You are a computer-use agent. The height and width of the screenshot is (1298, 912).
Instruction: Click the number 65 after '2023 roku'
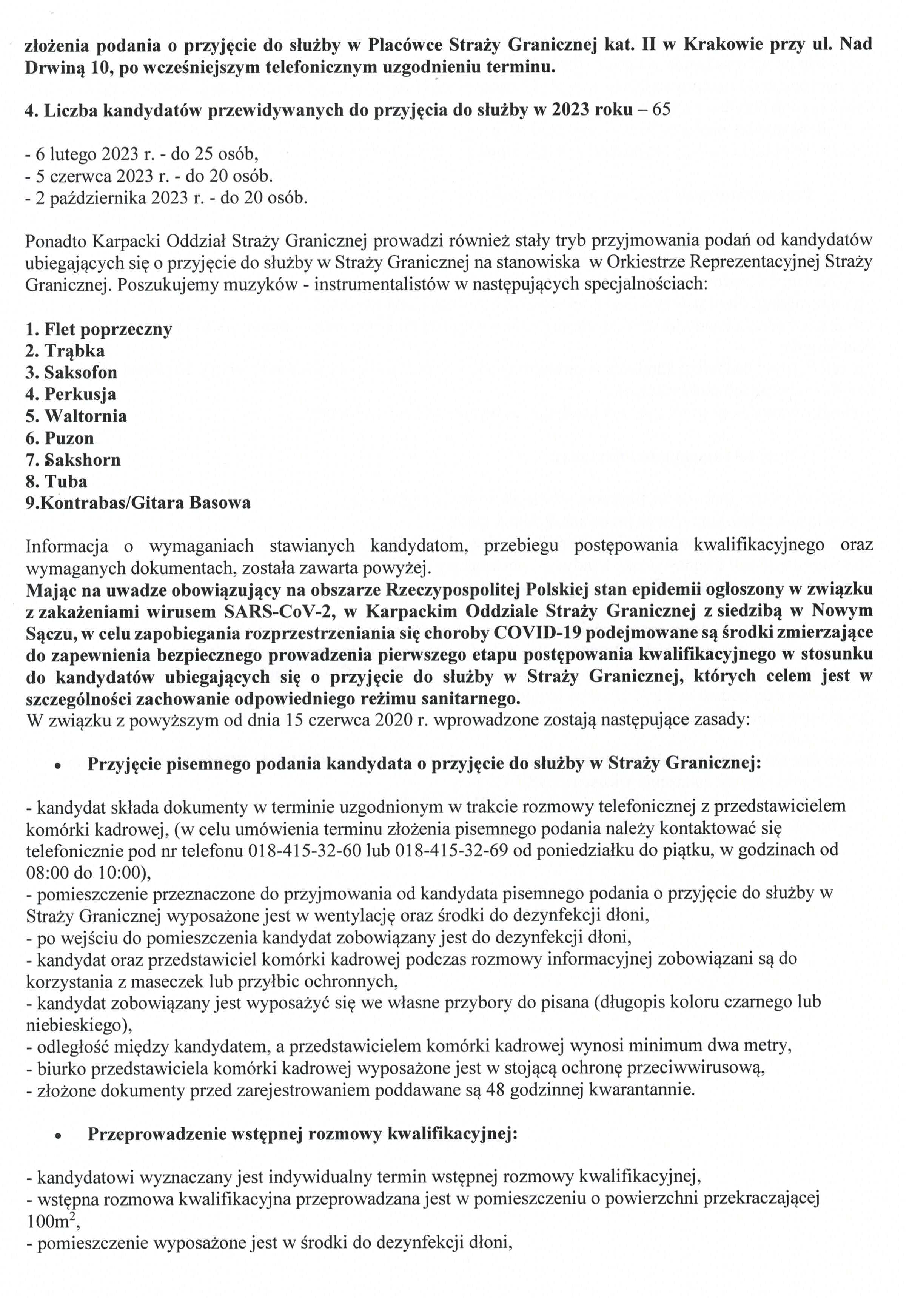[661, 109]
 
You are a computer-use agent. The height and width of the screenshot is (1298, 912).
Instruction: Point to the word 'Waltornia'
[85, 416]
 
